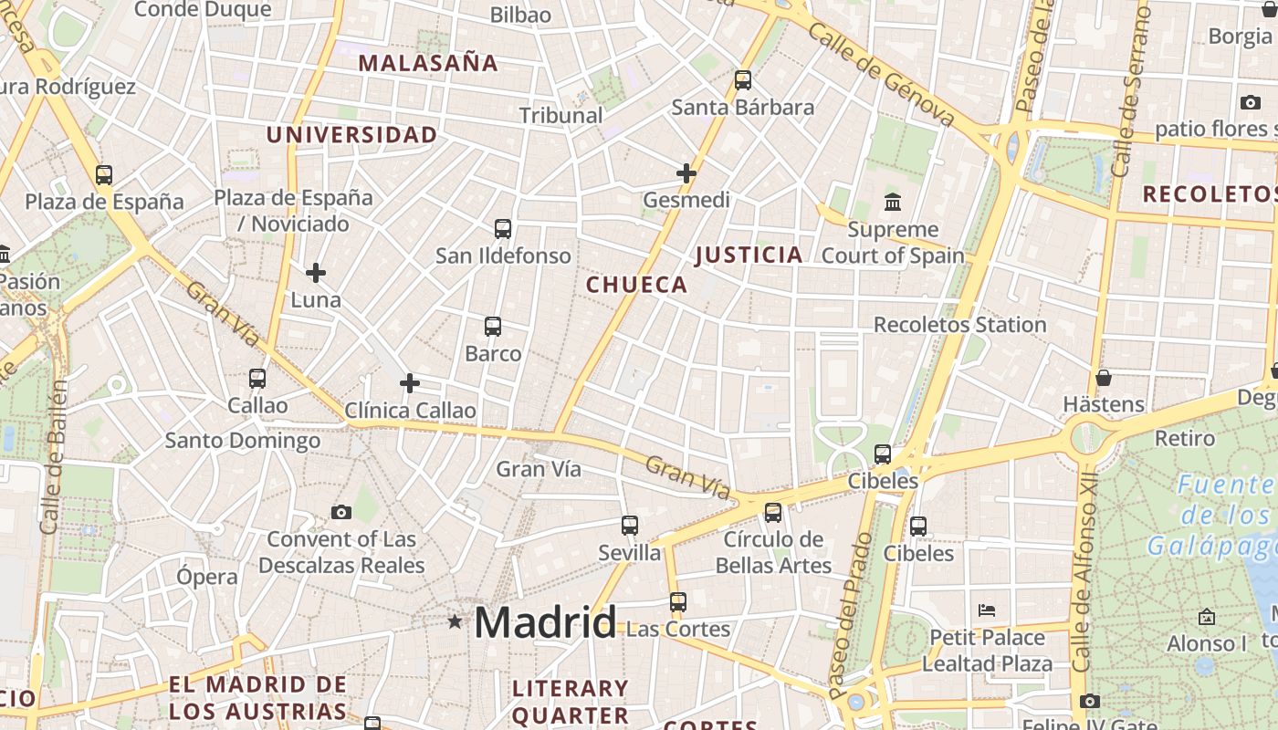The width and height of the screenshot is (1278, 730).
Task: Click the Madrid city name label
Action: pos(545,623)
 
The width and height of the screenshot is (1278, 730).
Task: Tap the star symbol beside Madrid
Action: pos(455,621)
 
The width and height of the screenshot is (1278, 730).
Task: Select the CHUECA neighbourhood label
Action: pos(637,285)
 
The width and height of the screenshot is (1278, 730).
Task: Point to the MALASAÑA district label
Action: pos(428,63)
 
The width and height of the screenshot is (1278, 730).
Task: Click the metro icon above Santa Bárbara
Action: pos(743,80)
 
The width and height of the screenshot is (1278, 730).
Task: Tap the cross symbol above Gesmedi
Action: pos(686,172)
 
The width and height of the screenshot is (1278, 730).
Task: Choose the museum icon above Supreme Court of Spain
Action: pos(893,202)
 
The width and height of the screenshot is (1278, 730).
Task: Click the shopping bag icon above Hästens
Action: pos(1104,377)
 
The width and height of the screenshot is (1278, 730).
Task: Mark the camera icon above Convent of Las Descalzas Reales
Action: pos(341,512)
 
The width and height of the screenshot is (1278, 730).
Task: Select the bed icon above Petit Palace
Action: pos(986,610)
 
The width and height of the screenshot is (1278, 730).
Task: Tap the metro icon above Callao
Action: pos(257,378)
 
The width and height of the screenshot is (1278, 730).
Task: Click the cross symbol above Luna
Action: pos(316,272)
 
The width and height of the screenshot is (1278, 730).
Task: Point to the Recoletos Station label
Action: pos(959,325)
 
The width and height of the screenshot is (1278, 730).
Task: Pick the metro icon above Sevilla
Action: pos(629,526)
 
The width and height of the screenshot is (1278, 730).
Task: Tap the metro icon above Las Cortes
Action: pos(677,602)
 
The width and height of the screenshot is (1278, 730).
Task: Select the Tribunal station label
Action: pos(560,116)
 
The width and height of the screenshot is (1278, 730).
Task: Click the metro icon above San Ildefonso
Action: pos(502,228)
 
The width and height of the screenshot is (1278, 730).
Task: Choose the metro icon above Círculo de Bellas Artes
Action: pos(773,513)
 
